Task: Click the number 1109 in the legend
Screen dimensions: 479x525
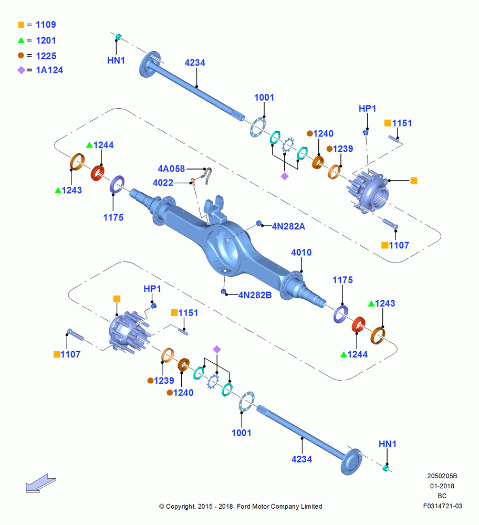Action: tap(46, 25)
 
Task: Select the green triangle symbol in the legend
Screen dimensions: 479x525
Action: tap(21, 40)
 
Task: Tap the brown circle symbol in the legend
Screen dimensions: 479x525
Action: tap(21, 55)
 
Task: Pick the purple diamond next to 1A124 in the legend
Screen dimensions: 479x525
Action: tap(21, 70)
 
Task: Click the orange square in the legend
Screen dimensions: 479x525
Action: tap(21, 25)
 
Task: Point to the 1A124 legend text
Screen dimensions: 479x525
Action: tap(49, 70)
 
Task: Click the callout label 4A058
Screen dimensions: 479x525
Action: tap(171, 169)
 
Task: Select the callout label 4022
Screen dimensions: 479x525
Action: tap(163, 183)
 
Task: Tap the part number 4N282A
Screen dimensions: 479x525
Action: tap(288, 227)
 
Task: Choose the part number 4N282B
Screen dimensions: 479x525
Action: tap(255, 295)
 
